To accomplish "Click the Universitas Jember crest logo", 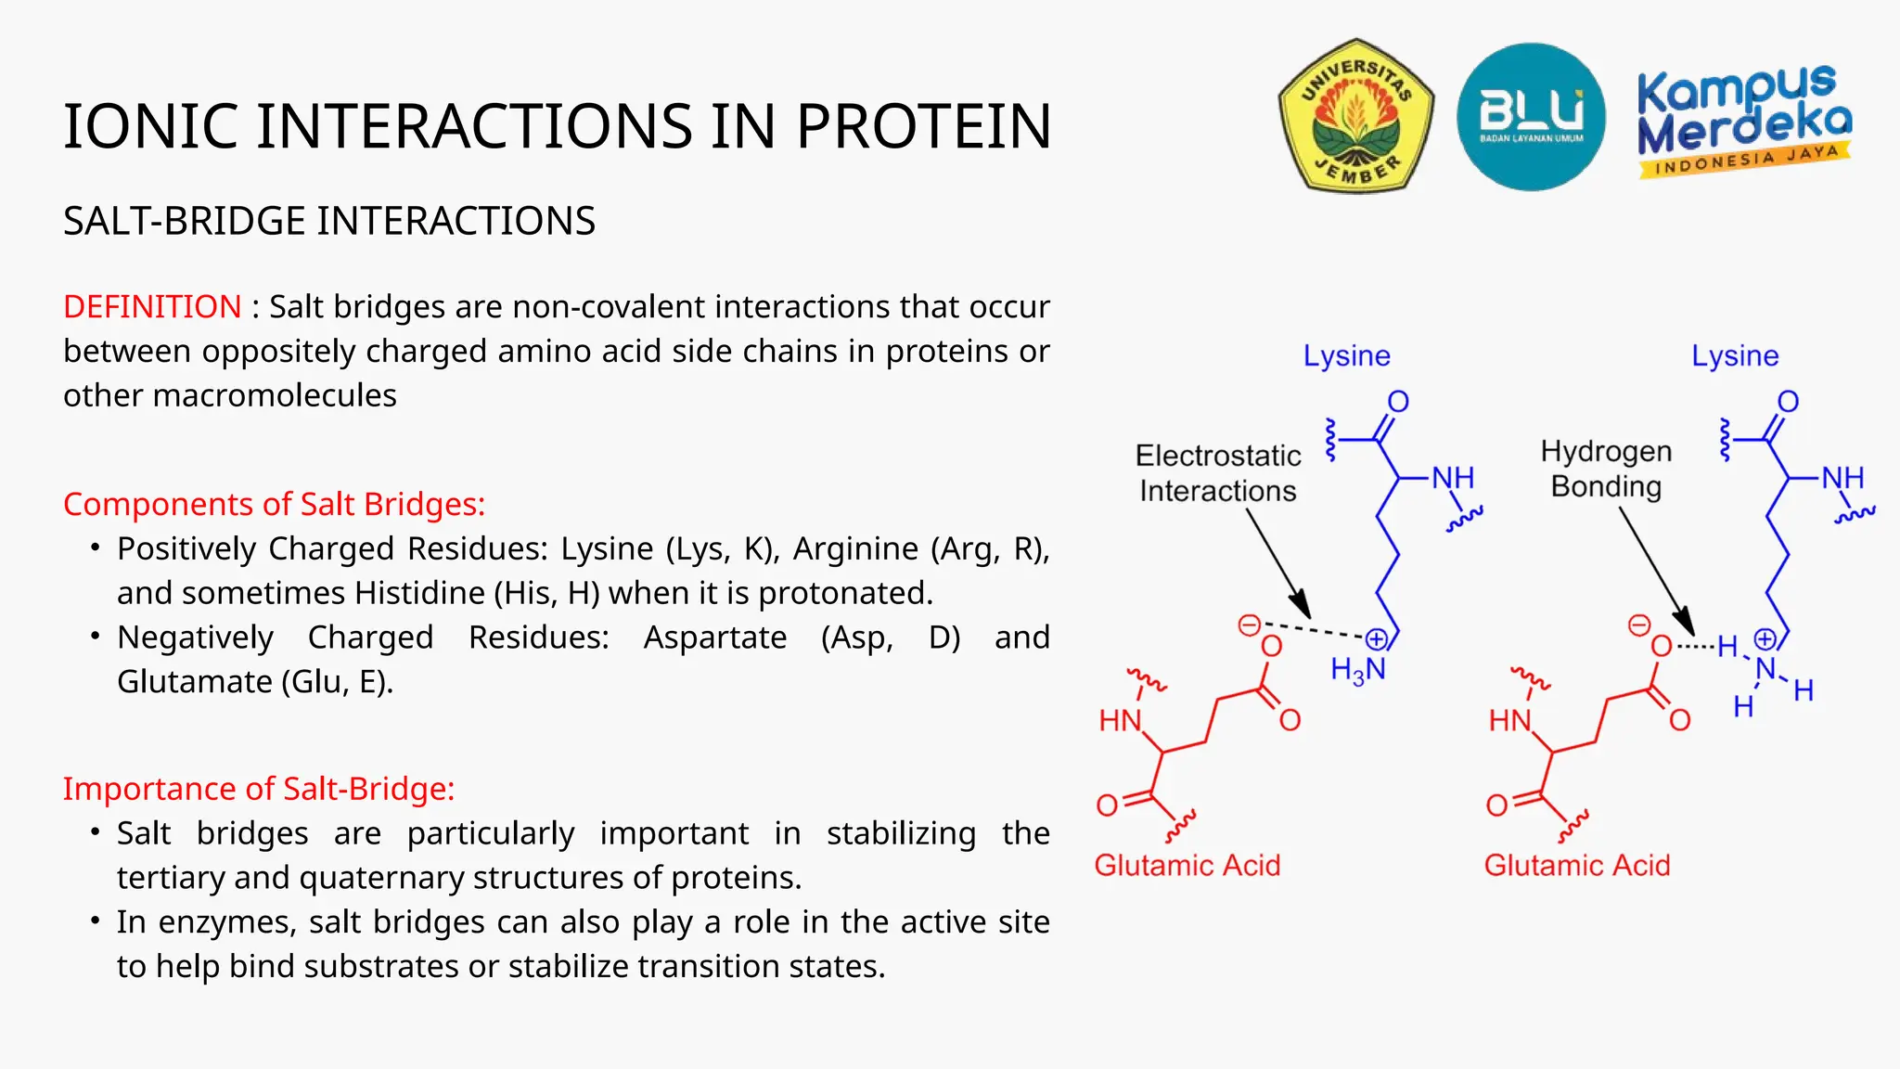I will tap(1355, 116).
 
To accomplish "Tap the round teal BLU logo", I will tap(1531, 117).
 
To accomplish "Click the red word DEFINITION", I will tap(152, 306).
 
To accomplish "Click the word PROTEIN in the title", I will tap(923, 126).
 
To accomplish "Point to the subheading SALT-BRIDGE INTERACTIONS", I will tap(329, 221).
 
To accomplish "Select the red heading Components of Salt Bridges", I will tap(274, 504).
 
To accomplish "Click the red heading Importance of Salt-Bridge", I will tap(259, 789).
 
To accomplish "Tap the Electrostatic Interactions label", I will tap(1217, 473).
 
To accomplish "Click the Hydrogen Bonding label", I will tap(1606, 469).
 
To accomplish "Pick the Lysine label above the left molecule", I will tap(1346, 355).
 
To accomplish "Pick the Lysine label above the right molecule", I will tap(1734, 355).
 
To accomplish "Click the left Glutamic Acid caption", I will tap(1187, 865).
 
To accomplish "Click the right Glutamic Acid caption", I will tap(1576, 865).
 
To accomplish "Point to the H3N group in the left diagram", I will tap(1357, 670).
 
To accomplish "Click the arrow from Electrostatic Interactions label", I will tap(1277, 563).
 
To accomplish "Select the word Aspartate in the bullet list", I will tap(714, 638).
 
